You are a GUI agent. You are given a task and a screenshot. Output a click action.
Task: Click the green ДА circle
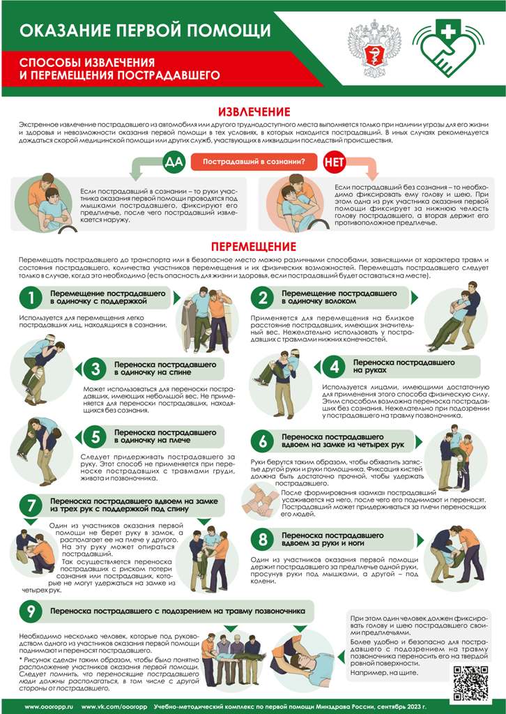[x=174, y=162]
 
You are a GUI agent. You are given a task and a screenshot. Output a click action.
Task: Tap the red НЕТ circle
[x=335, y=162]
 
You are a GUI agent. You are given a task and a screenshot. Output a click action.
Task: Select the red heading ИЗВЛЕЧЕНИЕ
[x=254, y=112]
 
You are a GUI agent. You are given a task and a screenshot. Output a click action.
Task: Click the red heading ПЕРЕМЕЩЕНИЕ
[x=253, y=246]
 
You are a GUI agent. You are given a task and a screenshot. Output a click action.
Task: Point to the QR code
[x=471, y=683]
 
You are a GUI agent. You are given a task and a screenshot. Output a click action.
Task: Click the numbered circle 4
[x=335, y=367]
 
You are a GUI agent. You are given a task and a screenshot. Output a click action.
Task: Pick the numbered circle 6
[x=263, y=441]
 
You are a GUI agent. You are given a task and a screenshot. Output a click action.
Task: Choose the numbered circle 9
[x=31, y=611]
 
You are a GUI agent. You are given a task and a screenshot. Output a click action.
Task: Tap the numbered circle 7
[x=31, y=506]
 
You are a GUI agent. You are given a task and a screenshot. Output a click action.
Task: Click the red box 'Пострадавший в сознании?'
[x=254, y=162]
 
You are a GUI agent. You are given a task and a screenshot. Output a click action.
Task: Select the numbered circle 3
[x=95, y=368]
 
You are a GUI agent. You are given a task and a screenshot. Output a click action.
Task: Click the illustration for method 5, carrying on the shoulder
[x=40, y=451]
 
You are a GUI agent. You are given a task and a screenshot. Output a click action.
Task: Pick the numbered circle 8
[x=263, y=539]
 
